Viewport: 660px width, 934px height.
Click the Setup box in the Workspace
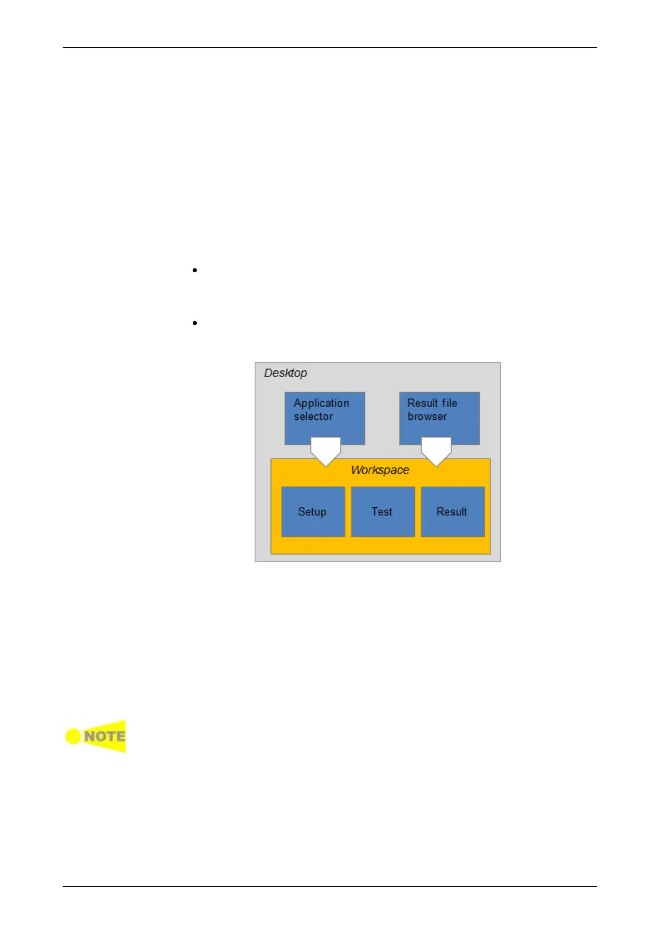click(313, 512)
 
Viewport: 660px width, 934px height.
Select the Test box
click(383, 512)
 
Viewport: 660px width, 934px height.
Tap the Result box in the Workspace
click(453, 512)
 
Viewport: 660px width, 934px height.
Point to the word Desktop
click(285, 373)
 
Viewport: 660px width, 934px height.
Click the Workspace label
click(380, 470)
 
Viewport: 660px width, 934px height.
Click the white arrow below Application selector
click(326, 451)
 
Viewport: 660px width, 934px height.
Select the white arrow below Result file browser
click(436, 451)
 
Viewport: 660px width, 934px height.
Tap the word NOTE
click(104, 737)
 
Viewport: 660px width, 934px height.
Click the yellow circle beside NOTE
click(73, 737)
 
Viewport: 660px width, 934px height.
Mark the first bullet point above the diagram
click(195, 271)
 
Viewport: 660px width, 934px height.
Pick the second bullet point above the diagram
click(195, 323)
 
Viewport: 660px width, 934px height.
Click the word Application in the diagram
click(321, 403)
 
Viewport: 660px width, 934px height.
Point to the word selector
click(313, 417)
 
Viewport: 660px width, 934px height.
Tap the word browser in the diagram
click(427, 417)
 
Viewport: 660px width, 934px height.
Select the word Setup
click(312, 512)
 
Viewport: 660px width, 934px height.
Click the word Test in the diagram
click(382, 512)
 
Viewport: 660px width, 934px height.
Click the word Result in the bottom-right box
click(451, 512)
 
